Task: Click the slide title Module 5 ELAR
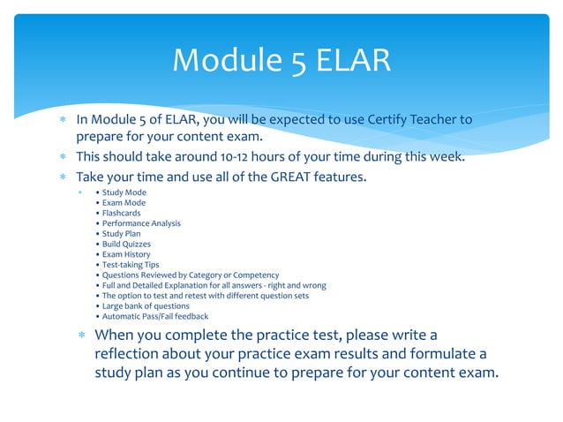[x=281, y=60]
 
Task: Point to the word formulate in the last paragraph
[x=436, y=354]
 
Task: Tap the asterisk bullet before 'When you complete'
[x=80, y=335]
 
